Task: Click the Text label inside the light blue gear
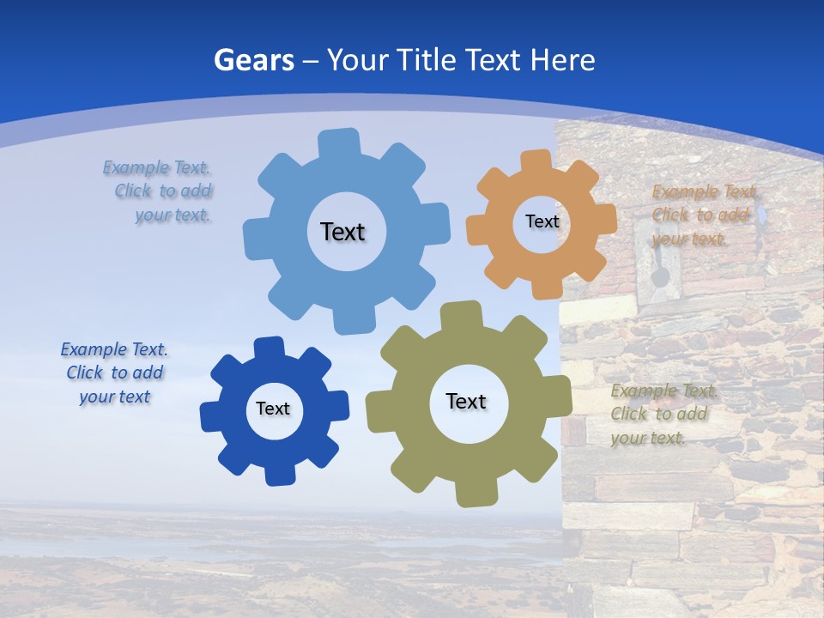[342, 232]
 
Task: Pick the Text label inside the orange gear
[542, 221]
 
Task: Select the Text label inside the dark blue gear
[273, 409]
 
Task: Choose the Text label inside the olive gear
[466, 401]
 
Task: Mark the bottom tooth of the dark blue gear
[276, 473]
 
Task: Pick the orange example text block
[701, 215]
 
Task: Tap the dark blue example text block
[114, 373]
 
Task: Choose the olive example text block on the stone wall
[662, 414]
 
